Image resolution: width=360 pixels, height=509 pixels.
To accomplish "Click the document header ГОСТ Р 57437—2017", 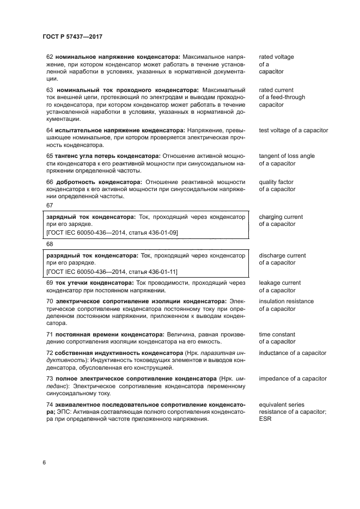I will (x=72, y=36).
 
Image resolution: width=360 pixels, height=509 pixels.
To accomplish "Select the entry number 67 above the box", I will (x=50, y=205).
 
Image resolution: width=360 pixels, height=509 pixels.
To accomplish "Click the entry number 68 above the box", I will (x=50, y=244).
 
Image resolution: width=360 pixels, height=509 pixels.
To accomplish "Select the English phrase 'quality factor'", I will (x=277, y=182).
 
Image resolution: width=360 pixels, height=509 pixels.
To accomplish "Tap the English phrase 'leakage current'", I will (x=279, y=283).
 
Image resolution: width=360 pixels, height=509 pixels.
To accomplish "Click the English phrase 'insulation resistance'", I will (x=286, y=302).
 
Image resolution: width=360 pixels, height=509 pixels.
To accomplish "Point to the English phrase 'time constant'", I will (x=277, y=335).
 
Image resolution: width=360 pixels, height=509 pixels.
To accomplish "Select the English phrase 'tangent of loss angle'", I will (x=286, y=156).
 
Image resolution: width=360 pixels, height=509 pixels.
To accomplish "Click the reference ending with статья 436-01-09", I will (x=112, y=233).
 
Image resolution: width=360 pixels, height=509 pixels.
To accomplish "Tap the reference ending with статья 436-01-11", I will (x=112, y=272).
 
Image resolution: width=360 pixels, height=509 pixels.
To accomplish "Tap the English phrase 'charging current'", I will (x=280, y=217).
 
